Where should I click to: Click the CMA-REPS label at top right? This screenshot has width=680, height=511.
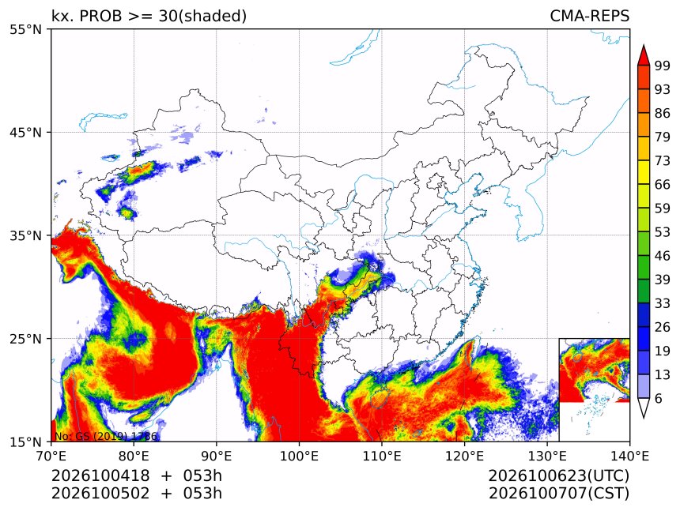pyautogui.click(x=589, y=16)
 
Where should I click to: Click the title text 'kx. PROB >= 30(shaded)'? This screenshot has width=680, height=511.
pyautogui.click(x=149, y=16)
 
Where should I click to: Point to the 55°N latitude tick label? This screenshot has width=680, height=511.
pyautogui.click(x=25, y=29)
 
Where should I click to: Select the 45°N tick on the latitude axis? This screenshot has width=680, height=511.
pyautogui.click(x=25, y=132)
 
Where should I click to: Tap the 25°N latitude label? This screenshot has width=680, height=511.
pyautogui.click(x=25, y=338)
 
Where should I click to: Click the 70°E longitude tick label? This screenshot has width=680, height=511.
pyautogui.click(x=51, y=456)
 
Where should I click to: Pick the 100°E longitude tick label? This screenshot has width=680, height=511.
pyautogui.click(x=299, y=456)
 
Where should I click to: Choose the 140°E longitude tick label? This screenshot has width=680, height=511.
pyautogui.click(x=629, y=456)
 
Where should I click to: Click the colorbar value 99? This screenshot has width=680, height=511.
pyautogui.click(x=663, y=66)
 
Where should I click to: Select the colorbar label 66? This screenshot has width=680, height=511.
pyautogui.click(x=663, y=185)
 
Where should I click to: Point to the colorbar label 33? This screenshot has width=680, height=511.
pyautogui.click(x=663, y=303)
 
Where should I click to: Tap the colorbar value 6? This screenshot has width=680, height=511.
pyautogui.click(x=659, y=398)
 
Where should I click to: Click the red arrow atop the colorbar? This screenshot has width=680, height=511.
pyautogui.click(x=644, y=55)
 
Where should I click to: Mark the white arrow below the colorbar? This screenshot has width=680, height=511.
pyautogui.click(x=644, y=408)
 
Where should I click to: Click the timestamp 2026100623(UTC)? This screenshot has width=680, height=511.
pyautogui.click(x=558, y=476)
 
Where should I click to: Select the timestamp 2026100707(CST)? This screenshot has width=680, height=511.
pyautogui.click(x=558, y=494)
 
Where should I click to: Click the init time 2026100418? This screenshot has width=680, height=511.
pyautogui.click(x=100, y=476)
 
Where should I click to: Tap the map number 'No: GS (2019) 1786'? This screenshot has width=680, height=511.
pyautogui.click(x=105, y=436)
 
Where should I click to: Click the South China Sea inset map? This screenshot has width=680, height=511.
pyautogui.click(x=594, y=389)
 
